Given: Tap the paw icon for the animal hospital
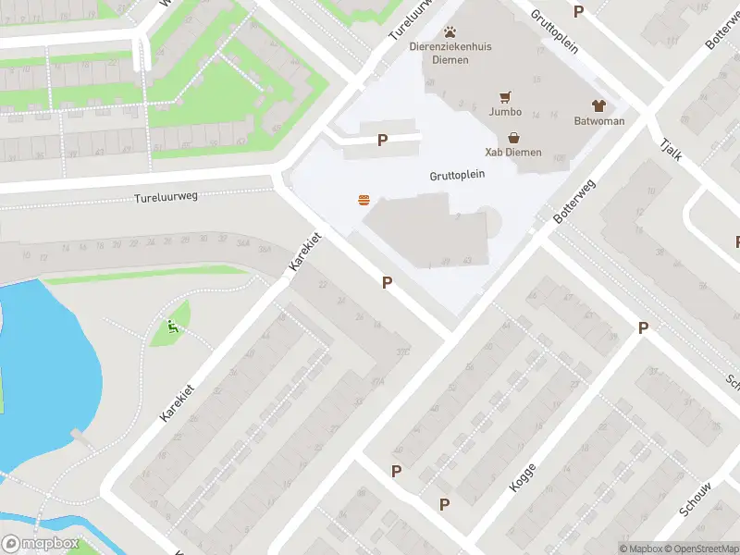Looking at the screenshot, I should click(450, 32).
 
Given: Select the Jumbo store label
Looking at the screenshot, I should click(505, 112).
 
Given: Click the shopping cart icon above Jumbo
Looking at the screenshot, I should click(505, 96).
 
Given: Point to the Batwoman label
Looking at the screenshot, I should click(598, 121).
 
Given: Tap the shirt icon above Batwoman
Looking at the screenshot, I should click(598, 105).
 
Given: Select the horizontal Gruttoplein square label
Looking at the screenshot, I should click(457, 175).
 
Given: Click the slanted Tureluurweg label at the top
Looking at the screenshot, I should click(411, 20).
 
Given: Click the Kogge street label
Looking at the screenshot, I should click(523, 477).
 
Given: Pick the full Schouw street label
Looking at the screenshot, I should click(695, 499).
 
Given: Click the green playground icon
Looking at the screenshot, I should click(172, 327).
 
